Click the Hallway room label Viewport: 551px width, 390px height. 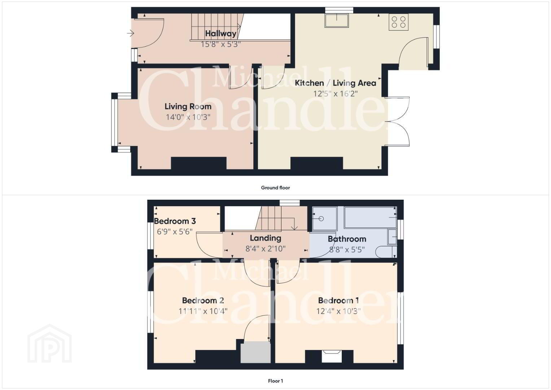tap(220, 34)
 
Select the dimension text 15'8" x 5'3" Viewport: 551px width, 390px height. tap(220, 44)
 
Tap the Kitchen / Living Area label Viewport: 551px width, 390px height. tap(335, 83)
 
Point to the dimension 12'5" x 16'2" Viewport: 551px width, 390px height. tap(335, 94)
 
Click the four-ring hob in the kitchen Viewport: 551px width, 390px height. tap(398, 22)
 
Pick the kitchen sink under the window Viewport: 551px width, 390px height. tap(337, 21)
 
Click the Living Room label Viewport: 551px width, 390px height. tap(188, 107)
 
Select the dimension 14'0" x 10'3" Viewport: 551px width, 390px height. tap(188, 117)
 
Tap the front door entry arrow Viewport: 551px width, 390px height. tap(130, 34)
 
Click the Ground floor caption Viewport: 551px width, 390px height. tap(275, 188)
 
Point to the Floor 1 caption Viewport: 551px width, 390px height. tap(275, 381)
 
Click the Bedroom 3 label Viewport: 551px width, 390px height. tap(175, 221)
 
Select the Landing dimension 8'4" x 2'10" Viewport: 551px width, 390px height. tap(265, 249)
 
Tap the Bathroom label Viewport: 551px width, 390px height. tap(347, 239)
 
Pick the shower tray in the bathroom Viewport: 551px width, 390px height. tap(324, 218)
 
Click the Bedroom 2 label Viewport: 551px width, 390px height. tap(203, 300)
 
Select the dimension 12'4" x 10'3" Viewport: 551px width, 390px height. tap(338, 311)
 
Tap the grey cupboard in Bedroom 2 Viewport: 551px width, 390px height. tap(255, 352)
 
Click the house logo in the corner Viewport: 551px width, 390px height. tap(49, 344)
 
